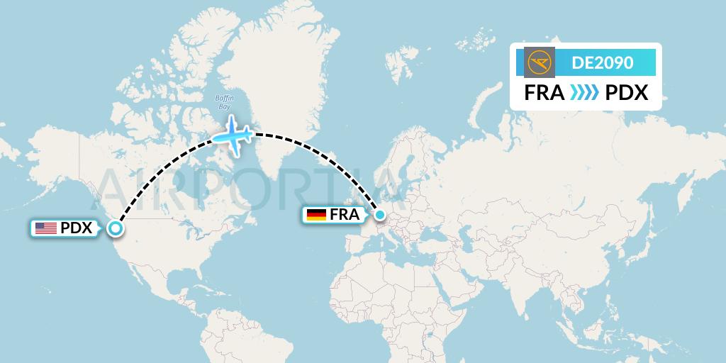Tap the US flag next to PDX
point(46,228)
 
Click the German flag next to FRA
point(315,214)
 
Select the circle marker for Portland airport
point(115,228)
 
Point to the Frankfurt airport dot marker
point(379,214)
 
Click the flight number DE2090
point(602,62)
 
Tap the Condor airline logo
point(540,62)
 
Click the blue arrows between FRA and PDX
point(584,92)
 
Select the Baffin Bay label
point(224,102)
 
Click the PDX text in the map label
point(77,228)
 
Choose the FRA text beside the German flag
point(345,214)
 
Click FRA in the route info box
point(544,92)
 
